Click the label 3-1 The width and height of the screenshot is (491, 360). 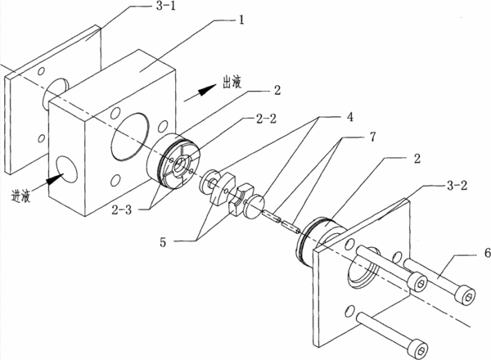(165, 6)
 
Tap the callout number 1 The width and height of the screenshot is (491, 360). (241, 20)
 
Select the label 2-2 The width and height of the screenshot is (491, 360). (266, 119)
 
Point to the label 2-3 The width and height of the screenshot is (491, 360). (122, 209)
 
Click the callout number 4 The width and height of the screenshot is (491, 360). (349, 117)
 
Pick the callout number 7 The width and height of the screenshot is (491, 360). (372, 137)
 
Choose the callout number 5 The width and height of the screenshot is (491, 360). (163, 242)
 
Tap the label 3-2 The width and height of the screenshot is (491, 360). (457, 186)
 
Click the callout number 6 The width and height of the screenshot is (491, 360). (487, 253)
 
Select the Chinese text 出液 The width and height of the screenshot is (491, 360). (232, 83)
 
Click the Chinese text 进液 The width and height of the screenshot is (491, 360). (20, 196)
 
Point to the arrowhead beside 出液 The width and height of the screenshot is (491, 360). (207, 90)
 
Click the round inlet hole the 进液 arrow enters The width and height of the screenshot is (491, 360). (66, 169)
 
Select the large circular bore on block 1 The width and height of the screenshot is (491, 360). (129, 137)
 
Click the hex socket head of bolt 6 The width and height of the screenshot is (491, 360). (466, 295)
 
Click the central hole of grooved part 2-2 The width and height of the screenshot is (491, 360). (180, 164)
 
